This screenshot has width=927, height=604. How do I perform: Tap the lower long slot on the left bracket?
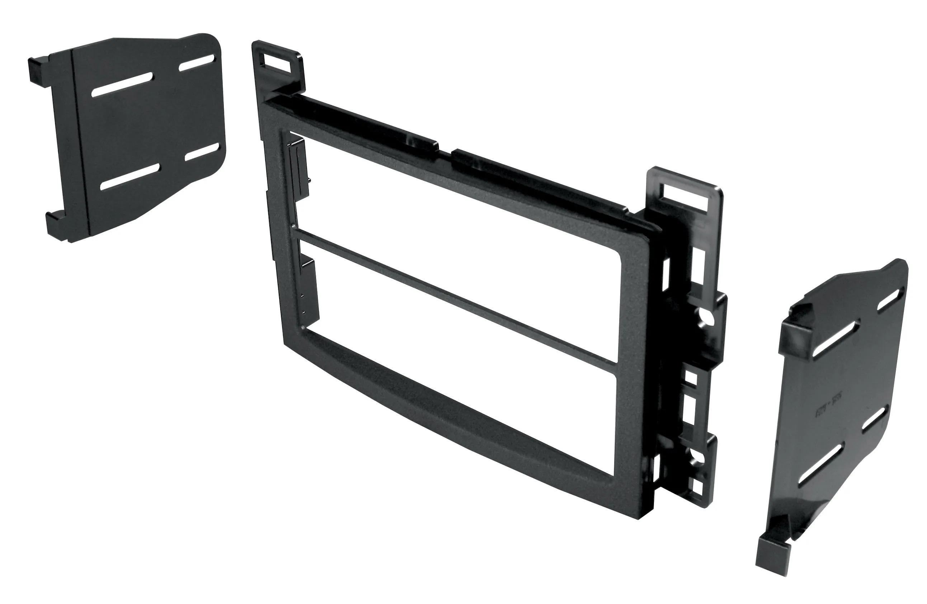point(130,176)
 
